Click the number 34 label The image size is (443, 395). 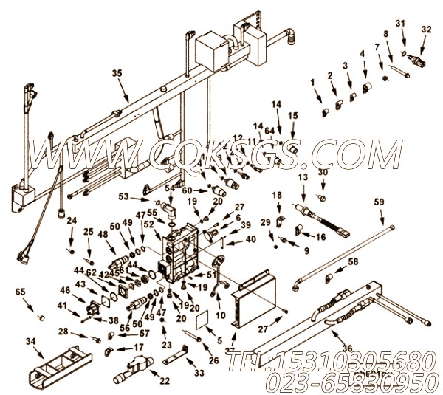(x=30, y=340)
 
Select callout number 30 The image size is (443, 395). (x=323, y=173)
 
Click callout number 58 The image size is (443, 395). (x=353, y=262)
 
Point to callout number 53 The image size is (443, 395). (x=144, y=197)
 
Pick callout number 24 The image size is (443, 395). (x=71, y=220)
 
